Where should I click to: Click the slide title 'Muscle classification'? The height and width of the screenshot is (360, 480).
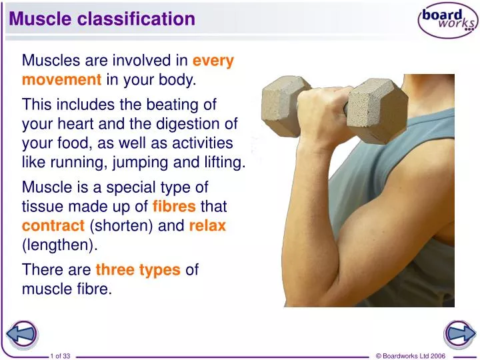pyautogui.click(x=102, y=19)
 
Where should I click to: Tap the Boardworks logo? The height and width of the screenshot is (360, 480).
pyautogui.click(x=447, y=22)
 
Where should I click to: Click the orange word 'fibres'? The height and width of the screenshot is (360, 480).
pyautogui.click(x=175, y=208)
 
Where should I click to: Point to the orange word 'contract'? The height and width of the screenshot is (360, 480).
pyautogui.click(x=53, y=226)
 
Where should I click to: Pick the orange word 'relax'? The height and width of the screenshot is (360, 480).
pyautogui.click(x=207, y=226)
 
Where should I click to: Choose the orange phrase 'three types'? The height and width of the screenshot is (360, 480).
pyautogui.click(x=138, y=270)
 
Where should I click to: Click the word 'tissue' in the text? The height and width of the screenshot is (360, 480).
pyautogui.click(x=41, y=208)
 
